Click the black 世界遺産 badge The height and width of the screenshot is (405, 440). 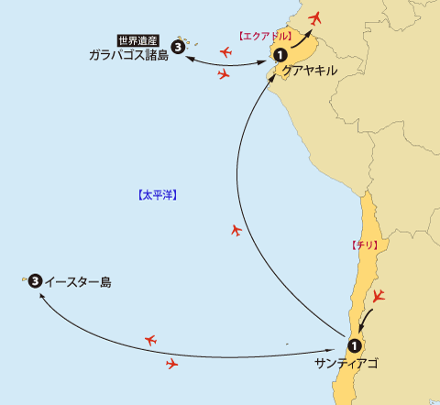139,40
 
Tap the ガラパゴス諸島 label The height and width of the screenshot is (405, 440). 129,55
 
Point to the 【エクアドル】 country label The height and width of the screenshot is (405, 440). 266,35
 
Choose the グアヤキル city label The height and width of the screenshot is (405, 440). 311,70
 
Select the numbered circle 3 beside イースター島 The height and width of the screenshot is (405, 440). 35,280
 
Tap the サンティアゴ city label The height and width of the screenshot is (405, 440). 345,364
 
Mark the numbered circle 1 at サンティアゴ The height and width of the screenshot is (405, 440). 354,345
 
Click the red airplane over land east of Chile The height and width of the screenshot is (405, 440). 380,296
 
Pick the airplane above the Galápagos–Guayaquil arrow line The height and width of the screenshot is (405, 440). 225,52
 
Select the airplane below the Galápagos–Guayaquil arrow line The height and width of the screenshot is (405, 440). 223,75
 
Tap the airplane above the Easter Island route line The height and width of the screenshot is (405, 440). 151,341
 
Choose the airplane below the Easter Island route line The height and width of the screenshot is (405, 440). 171,364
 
